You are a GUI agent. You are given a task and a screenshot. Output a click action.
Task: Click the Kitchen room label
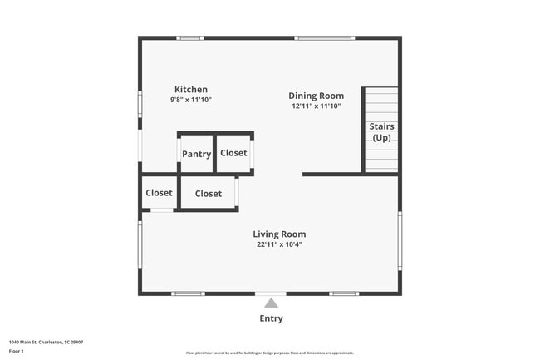click(190, 90)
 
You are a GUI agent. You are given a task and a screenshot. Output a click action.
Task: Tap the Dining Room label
click(316, 96)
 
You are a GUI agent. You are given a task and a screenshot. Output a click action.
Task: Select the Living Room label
click(280, 234)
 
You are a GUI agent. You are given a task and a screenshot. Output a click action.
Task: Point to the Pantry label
click(197, 154)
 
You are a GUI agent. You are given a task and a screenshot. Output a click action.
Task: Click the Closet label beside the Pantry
click(233, 153)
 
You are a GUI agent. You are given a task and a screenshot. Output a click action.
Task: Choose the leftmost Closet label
click(159, 193)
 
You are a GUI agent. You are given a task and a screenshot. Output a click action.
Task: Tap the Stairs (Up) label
click(381, 131)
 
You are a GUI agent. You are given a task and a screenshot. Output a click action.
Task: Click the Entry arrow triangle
click(271, 303)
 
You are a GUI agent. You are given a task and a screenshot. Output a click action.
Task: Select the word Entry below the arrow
click(271, 318)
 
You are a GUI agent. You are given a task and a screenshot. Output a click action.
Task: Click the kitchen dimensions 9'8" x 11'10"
click(190, 100)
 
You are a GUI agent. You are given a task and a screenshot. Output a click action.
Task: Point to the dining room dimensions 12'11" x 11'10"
click(316, 106)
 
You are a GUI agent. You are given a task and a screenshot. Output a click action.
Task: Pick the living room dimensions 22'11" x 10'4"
click(279, 244)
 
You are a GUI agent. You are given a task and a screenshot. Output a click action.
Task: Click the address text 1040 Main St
click(46, 342)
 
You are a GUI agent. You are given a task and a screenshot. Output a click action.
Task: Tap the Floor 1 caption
click(17, 351)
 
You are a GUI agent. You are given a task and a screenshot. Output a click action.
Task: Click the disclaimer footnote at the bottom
click(269, 353)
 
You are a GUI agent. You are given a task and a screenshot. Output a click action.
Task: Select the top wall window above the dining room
click(325, 37)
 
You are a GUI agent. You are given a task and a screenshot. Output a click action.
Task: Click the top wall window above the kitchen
click(190, 37)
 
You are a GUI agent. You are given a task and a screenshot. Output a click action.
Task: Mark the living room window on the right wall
click(400, 241)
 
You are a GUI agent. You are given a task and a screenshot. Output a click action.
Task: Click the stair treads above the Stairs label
click(381, 103)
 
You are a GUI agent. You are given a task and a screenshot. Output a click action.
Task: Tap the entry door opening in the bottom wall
click(271, 293)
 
